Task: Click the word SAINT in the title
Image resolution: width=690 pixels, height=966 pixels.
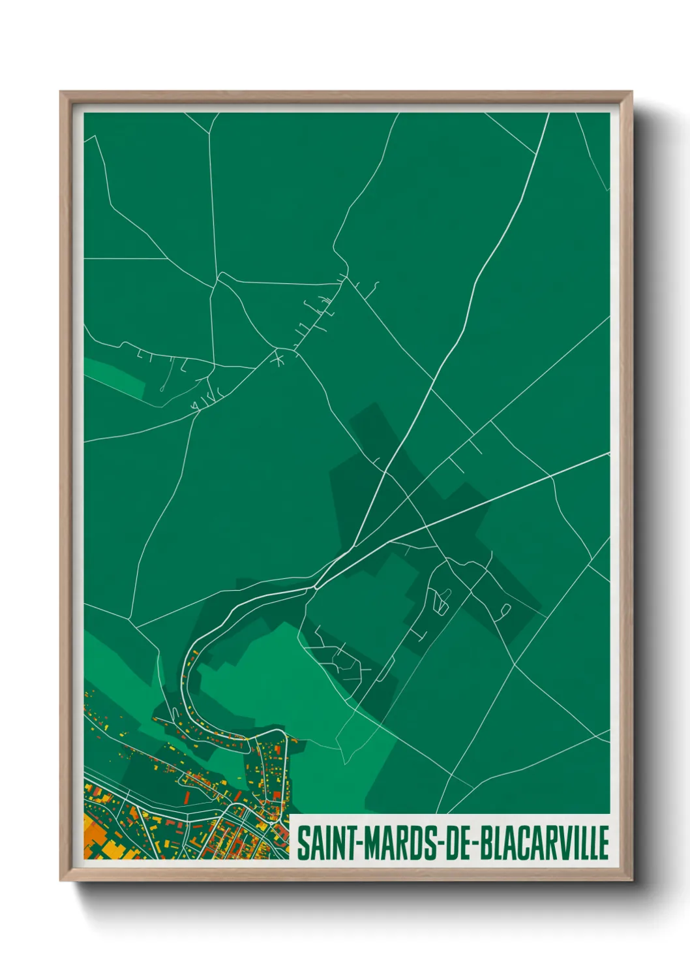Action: click(323, 843)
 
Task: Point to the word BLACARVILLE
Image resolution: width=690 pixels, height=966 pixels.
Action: click(545, 843)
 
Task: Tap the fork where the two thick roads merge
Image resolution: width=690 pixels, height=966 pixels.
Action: click(316, 587)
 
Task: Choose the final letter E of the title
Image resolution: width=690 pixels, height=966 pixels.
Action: click(603, 843)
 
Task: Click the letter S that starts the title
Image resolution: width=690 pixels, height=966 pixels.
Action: click(303, 843)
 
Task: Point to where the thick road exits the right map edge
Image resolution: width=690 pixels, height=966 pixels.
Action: click(608, 453)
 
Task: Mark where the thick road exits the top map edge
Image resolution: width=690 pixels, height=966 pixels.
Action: click(548, 114)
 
